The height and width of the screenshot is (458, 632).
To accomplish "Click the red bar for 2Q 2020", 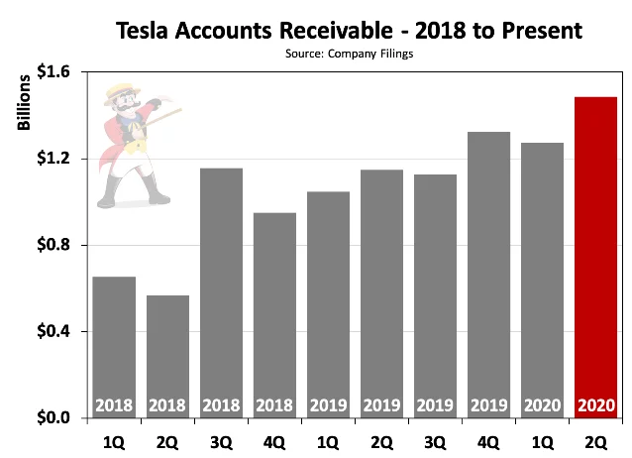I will [x=595, y=258].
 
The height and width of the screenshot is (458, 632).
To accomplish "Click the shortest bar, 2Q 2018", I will [x=167, y=357].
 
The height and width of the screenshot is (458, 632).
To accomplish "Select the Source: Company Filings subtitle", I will [x=349, y=54].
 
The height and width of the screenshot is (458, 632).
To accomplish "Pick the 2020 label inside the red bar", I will [x=595, y=405].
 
